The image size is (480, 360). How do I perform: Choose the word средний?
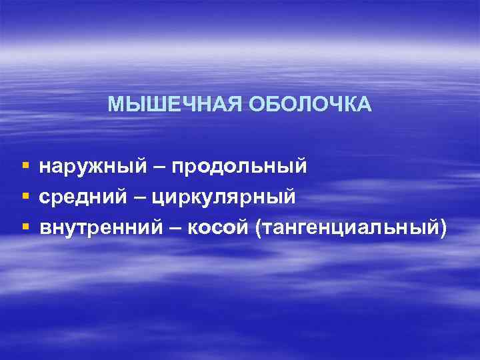tap(88, 197)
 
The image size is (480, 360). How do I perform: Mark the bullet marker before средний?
tap(25, 196)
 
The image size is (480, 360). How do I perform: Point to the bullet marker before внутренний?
tap(25, 227)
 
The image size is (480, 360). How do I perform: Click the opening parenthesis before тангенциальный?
tap(257, 229)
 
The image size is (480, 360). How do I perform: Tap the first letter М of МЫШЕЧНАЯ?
tap(115, 105)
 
